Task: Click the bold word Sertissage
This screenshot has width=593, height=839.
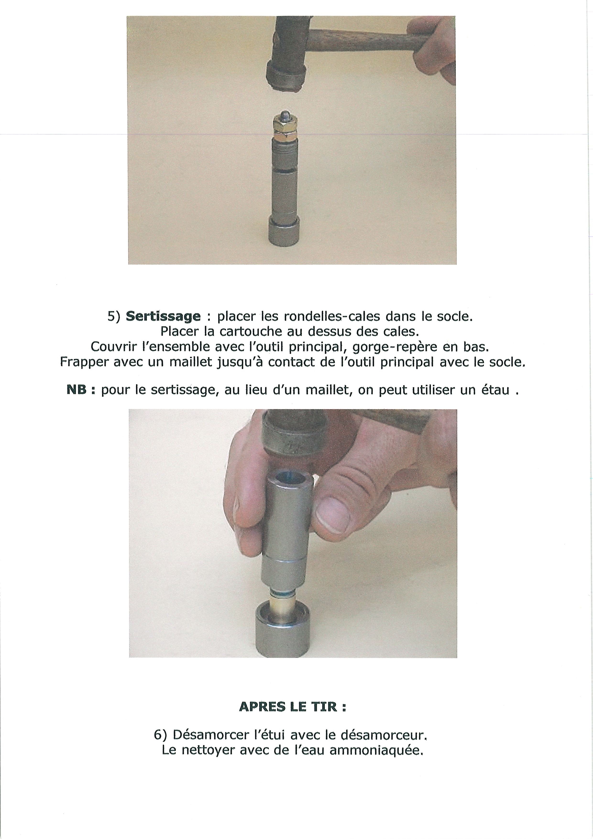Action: pos(163,316)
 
